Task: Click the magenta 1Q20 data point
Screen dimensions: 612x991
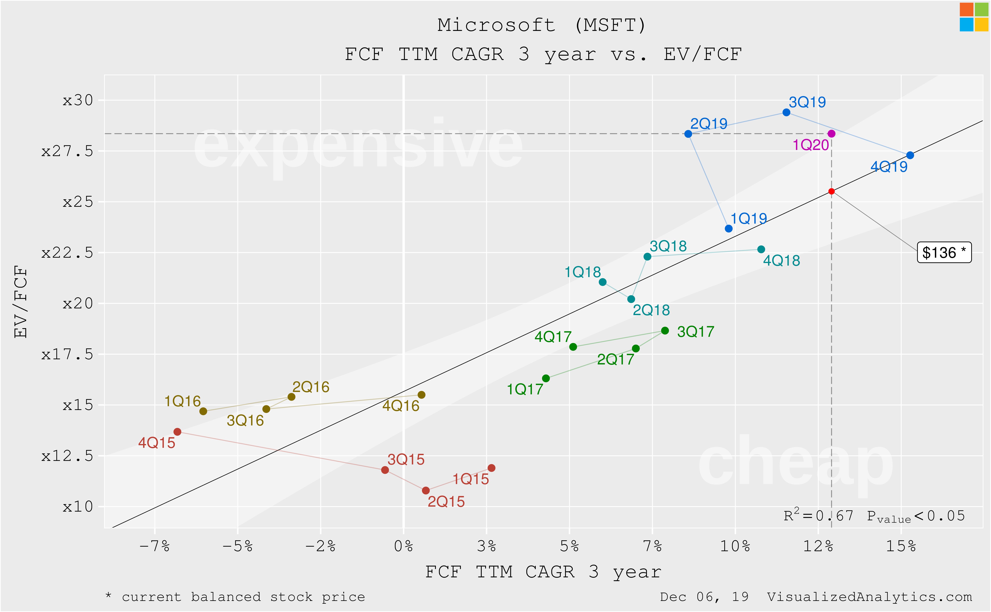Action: pyautogui.click(x=831, y=133)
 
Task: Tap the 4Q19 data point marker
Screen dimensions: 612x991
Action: pyautogui.click(x=910, y=155)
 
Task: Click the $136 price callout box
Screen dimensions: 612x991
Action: pyautogui.click(x=944, y=253)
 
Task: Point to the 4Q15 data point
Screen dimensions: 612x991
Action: pyautogui.click(x=177, y=432)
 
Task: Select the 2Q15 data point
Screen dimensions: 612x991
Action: pyautogui.click(x=426, y=491)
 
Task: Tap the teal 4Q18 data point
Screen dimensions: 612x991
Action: pyautogui.click(x=761, y=249)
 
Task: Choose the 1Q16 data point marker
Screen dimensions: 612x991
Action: pyautogui.click(x=203, y=411)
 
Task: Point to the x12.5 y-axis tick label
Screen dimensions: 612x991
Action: pyautogui.click(x=67, y=456)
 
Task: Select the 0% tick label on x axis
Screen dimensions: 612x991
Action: pyautogui.click(x=403, y=546)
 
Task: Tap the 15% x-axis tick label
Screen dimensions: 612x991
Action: pyautogui.click(x=901, y=546)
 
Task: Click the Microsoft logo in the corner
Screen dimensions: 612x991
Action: pyautogui.click(x=974, y=17)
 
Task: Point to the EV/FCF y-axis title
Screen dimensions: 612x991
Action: pyautogui.click(x=20, y=302)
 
